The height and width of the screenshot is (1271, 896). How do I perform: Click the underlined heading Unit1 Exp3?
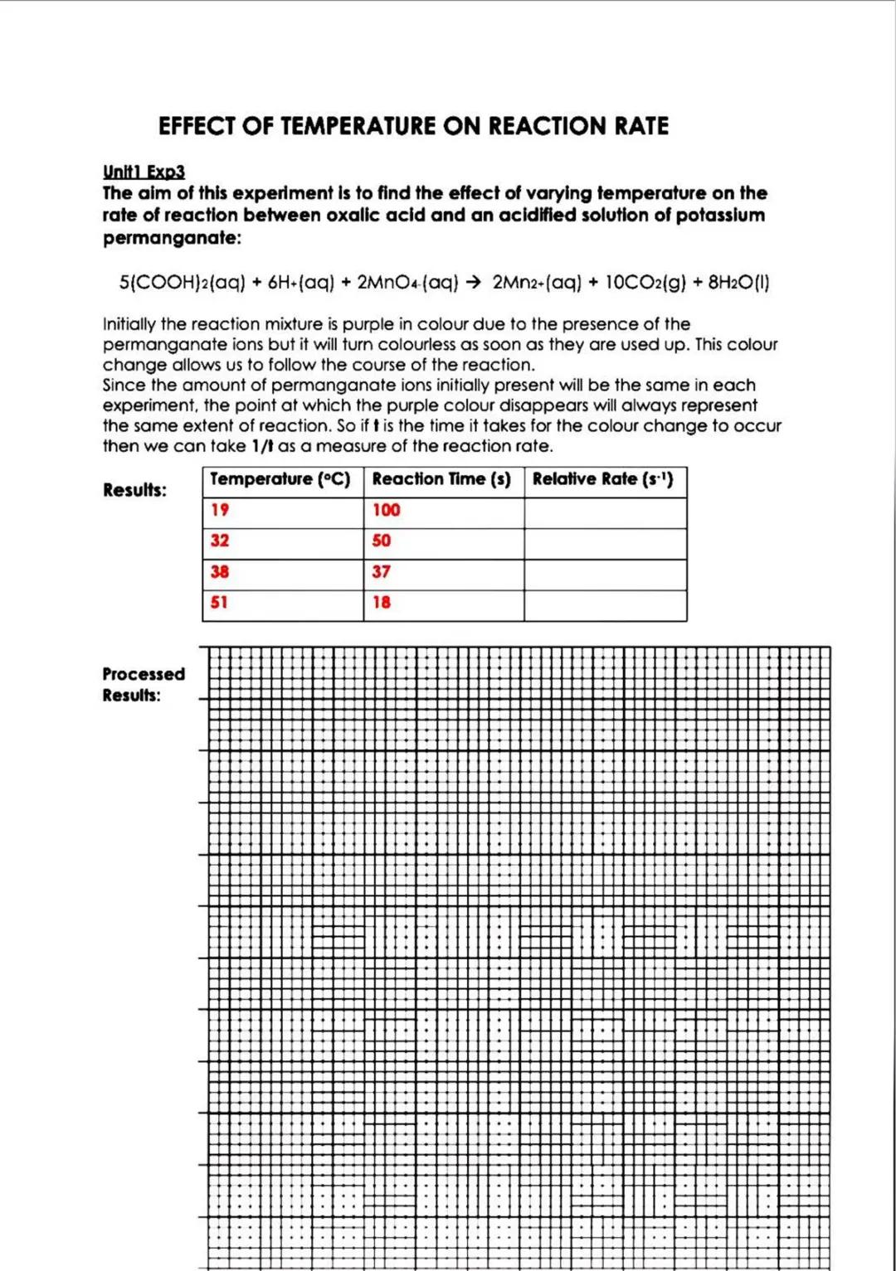pyautogui.click(x=144, y=172)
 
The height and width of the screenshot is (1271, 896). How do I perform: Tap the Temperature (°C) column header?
pyautogui.click(x=280, y=479)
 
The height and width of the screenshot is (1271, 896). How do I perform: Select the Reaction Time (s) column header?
pyautogui.click(x=441, y=479)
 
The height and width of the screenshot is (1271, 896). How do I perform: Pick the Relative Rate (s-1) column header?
pyautogui.click(x=602, y=479)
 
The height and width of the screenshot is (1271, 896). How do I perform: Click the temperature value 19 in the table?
pyautogui.click(x=220, y=510)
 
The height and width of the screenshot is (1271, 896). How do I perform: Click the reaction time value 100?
pyautogui.click(x=386, y=510)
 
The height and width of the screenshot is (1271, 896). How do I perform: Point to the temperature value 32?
pyautogui.click(x=220, y=541)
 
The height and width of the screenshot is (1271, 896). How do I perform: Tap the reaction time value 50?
pyautogui.click(x=382, y=541)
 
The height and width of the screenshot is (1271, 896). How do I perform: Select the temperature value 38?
pyautogui.click(x=220, y=572)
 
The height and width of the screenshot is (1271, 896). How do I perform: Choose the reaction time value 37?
pyautogui.click(x=382, y=572)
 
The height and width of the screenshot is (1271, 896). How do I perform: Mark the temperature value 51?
pyautogui.click(x=219, y=603)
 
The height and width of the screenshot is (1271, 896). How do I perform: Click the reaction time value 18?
pyautogui.click(x=382, y=603)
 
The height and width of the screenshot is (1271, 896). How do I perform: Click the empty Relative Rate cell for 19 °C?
pyautogui.click(x=605, y=512)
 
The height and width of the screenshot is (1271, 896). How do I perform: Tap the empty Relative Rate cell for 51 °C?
pyautogui.click(x=605, y=605)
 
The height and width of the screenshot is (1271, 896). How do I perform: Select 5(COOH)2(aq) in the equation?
pyautogui.click(x=183, y=283)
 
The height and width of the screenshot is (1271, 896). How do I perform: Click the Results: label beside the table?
pyautogui.click(x=134, y=490)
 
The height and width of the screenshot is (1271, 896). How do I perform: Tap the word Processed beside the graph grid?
pyautogui.click(x=144, y=674)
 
